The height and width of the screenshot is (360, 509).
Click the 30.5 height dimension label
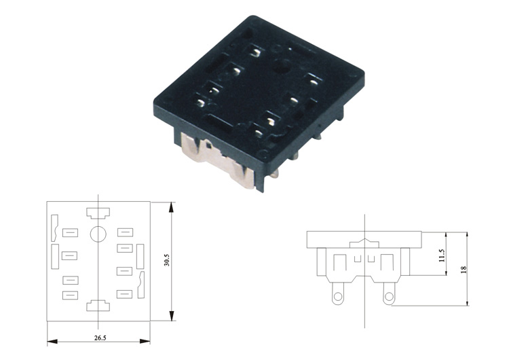click(167, 260)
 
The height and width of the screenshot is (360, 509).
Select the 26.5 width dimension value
click(100, 338)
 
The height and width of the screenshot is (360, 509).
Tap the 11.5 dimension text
click(442, 255)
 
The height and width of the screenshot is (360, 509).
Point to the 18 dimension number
click(464, 269)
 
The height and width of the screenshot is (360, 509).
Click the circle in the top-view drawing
click(98, 234)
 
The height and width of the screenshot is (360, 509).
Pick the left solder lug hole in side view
click(338, 296)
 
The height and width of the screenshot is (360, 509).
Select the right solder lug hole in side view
click(389, 296)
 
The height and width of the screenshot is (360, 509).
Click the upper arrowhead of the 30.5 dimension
click(172, 207)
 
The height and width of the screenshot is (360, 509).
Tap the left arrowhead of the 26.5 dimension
click(52, 342)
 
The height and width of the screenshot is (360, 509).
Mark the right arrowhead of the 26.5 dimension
click(145, 341)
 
